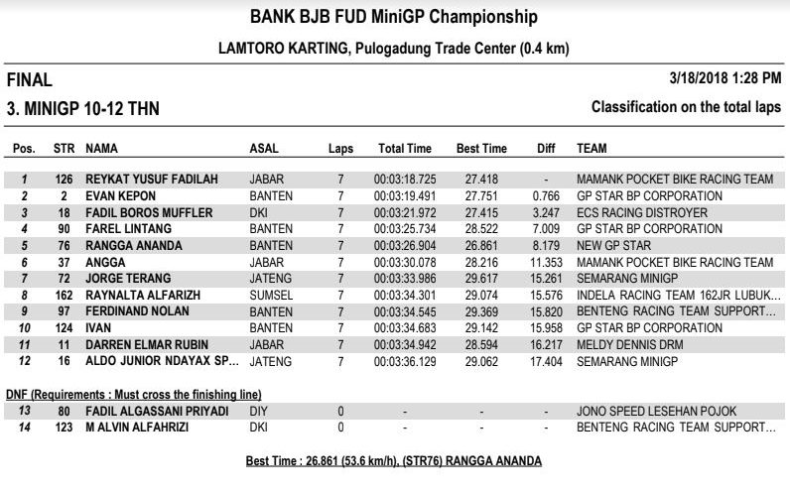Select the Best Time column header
click(481, 149)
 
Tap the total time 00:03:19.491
click(405, 196)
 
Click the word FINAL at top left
click(30, 80)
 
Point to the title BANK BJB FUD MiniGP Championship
click(394, 17)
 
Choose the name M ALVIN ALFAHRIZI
click(145, 428)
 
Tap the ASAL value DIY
click(257, 411)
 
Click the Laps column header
click(340, 149)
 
